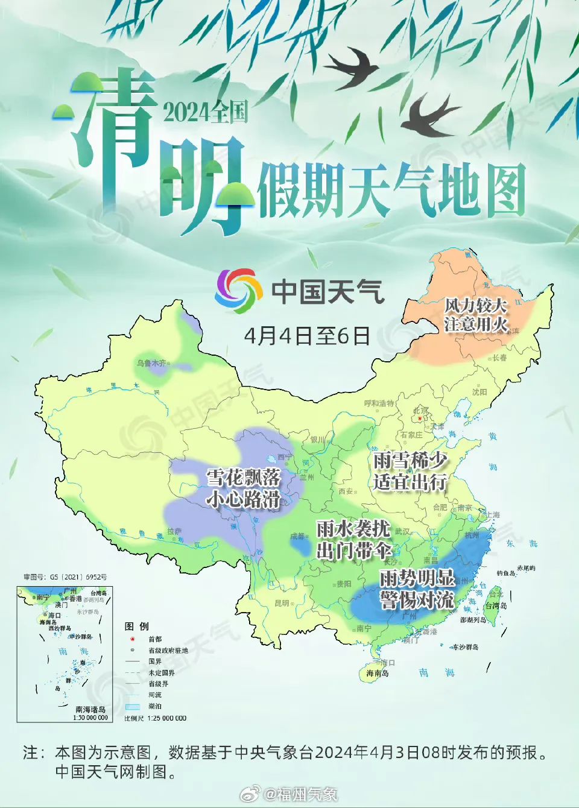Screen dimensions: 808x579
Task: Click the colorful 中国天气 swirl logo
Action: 239,291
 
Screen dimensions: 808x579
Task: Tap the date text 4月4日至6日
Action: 307,336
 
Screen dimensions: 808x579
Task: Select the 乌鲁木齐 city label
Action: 151,363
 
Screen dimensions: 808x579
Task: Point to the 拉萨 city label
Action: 174,531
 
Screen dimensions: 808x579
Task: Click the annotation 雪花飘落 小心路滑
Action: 244,488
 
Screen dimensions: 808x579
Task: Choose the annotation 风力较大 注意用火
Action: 475,314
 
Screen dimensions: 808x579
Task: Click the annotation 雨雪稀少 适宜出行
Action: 410,471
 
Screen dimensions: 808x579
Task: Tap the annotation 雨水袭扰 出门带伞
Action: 354,539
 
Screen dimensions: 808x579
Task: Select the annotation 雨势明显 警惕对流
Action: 417,589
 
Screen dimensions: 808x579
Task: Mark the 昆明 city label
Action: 282,603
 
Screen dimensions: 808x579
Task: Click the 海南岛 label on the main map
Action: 378,674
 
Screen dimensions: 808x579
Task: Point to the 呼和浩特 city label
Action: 379,403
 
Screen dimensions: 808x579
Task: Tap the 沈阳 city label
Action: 479,392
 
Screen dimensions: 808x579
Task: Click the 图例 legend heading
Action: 136,627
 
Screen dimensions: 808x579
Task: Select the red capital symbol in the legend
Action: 132,639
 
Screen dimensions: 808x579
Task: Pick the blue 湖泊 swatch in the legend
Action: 132,706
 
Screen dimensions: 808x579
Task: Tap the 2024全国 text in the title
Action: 205,112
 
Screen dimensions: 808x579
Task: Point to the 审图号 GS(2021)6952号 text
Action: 65,577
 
